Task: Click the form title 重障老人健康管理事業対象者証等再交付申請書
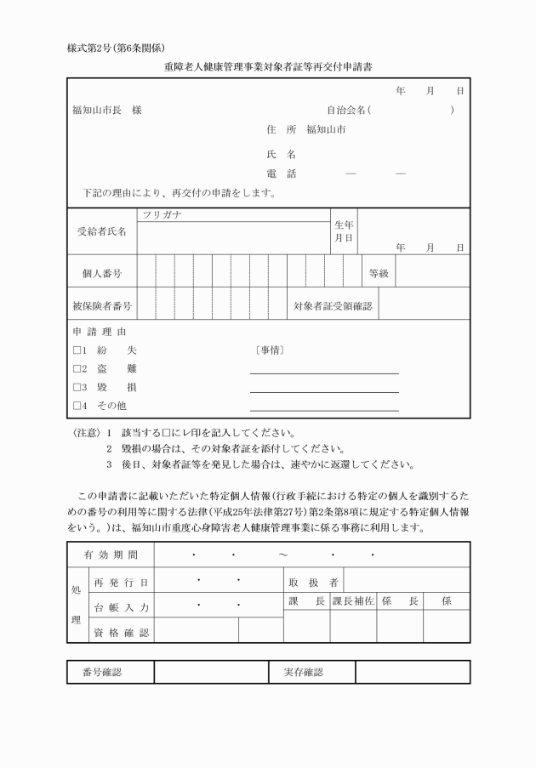click(267, 65)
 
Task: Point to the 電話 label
click(275, 174)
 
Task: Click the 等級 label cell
click(379, 273)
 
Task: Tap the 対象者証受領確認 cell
click(334, 304)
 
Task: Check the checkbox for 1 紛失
click(76, 350)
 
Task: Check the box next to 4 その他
click(76, 405)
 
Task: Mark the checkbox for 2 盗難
click(76, 369)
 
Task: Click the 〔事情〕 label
click(269, 350)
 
